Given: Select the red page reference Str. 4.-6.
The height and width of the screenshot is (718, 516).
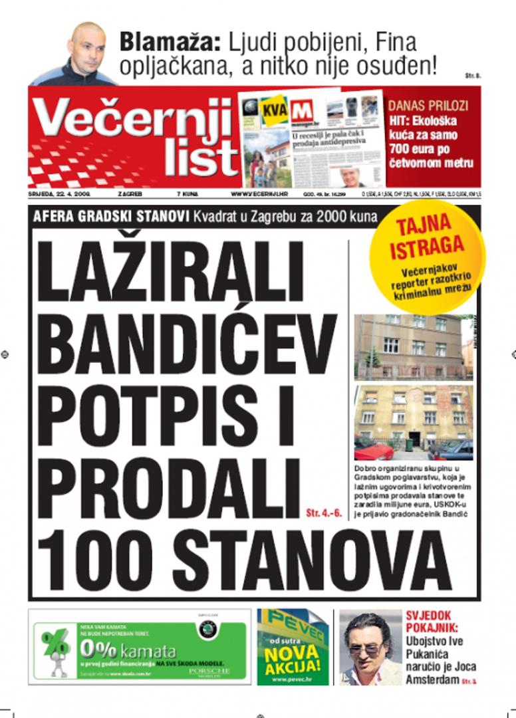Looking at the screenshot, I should coord(324,513).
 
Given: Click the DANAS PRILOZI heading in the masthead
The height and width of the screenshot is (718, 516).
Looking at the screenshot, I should coord(428,106).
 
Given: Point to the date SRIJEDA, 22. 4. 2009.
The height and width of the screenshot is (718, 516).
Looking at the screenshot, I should coord(59,195).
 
